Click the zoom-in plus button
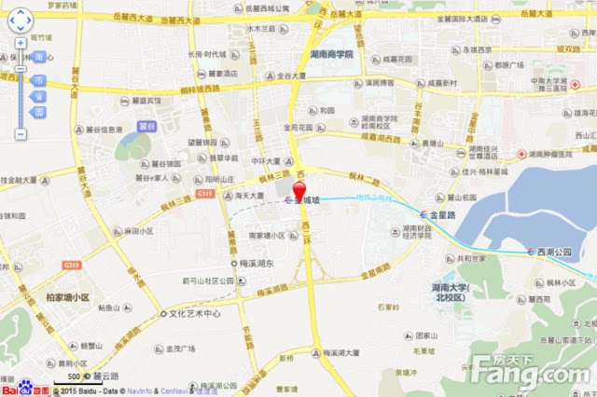pyautogui.click(x=20, y=43)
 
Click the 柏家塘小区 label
pyautogui.click(x=67, y=298)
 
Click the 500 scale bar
pyautogui.click(x=76, y=377)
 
